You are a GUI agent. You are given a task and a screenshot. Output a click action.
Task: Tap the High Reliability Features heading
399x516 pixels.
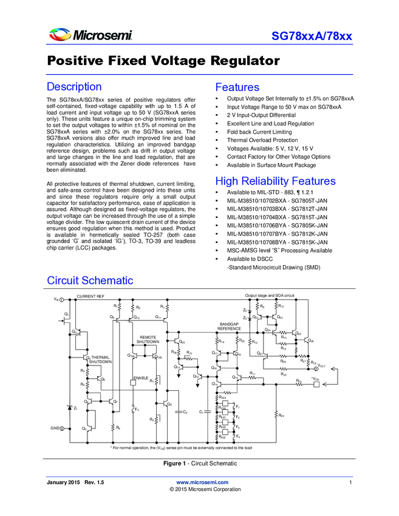(x=275, y=181)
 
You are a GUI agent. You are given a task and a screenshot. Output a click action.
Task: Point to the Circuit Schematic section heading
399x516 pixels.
(x=90, y=280)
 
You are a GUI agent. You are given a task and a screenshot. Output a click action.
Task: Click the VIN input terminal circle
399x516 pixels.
(x=62, y=300)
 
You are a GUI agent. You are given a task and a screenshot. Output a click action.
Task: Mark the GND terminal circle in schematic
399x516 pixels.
(x=62, y=429)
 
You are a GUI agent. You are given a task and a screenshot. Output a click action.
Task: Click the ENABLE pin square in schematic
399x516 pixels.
(x=133, y=382)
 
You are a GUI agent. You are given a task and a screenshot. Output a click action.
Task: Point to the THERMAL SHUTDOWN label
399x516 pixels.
(x=101, y=359)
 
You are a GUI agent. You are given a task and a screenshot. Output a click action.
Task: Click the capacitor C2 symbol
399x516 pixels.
(x=179, y=412)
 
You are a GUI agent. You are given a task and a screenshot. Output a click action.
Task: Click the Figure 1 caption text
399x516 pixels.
(x=199, y=463)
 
